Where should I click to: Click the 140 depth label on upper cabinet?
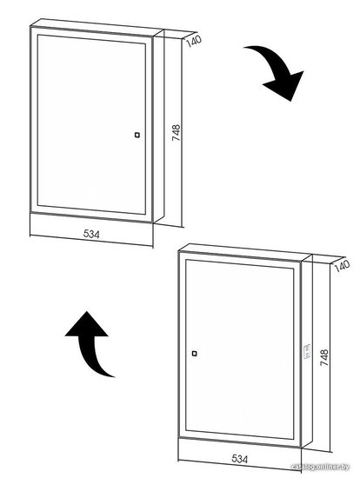tap(194, 41)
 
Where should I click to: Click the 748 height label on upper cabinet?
tap(176, 132)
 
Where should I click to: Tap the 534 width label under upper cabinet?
tap(91, 234)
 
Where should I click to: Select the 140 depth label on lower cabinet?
tap(342, 265)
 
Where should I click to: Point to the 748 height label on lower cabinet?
tap(324, 357)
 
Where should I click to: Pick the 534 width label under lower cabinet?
tap(239, 459)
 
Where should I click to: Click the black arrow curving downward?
tap(278, 68)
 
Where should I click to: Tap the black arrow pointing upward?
tap(89, 342)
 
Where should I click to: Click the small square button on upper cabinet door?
tap(137, 135)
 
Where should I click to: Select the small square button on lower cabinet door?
tap(194, 354)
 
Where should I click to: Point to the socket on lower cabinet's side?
tap(307, 351)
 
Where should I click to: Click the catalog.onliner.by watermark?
tap(320, 467)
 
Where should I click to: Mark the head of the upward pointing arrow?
tap(87, 324)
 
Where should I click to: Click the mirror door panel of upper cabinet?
tap(91, 124)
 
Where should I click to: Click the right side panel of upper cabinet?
tap(158, 126)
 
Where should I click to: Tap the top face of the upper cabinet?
tap(97, 28)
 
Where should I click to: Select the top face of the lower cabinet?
tap(245, 252)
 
